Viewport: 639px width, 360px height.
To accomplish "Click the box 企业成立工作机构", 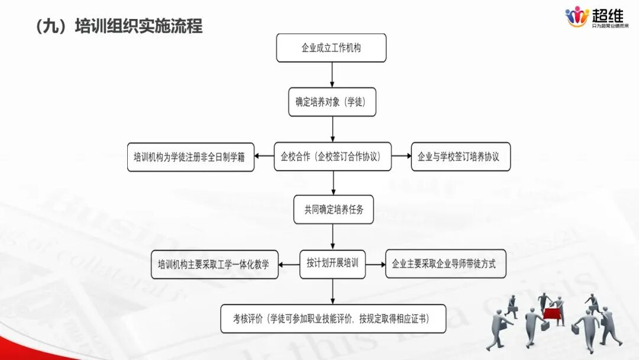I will click(x=331, y=48).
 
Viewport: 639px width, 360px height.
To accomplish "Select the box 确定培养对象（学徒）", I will click(x=331, y=102).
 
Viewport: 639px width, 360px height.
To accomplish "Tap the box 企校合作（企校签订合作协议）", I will click(x=333, y=157).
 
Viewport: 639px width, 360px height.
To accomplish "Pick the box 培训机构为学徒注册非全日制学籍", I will click(x=191, y=157).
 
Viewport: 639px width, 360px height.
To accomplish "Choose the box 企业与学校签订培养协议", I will click(x=460, y=157).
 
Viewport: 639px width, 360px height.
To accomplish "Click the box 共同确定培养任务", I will click(x=333, y=209).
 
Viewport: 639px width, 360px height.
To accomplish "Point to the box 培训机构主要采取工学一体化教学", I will click(x=214, y=265).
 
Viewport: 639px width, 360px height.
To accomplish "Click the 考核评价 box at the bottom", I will click(x=333, y=319).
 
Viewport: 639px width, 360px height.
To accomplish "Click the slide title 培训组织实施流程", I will click(x=119, y=26).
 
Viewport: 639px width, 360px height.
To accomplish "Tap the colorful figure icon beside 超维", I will click(x=576, y=17).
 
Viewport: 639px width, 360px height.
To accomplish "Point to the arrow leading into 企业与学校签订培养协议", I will click(x=401, y=156).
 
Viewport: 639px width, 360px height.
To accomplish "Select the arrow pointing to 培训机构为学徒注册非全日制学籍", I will click(x=264, y=157).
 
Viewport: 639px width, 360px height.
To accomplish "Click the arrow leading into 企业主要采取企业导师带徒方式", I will click(x=375, y=264).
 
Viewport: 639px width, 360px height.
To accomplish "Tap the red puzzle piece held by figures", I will click(x=552, y=312).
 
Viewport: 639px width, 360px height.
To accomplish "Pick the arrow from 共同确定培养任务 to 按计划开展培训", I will click(x=333, y=236).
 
